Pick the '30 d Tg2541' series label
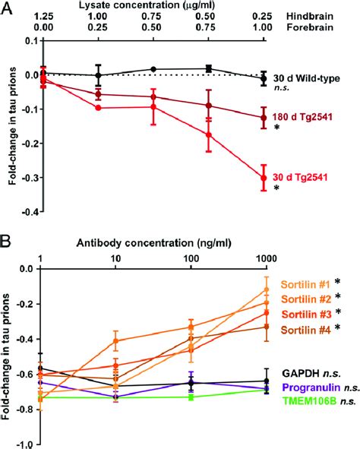(x=305, y=178)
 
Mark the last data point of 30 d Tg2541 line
(x=264, y=178)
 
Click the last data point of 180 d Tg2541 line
(x=264, y=117)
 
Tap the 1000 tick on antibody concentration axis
(x=263, y=258)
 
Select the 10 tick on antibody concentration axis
(x=116, y=258)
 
